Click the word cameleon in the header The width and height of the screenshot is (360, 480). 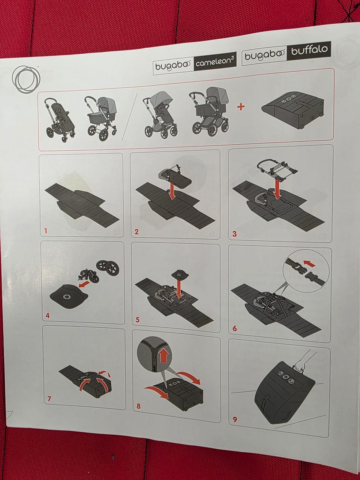pos(211,63)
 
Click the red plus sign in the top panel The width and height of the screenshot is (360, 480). pos(241,107)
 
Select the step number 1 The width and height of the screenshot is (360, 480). pos(46,231)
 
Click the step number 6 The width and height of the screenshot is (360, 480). pos(234,328)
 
